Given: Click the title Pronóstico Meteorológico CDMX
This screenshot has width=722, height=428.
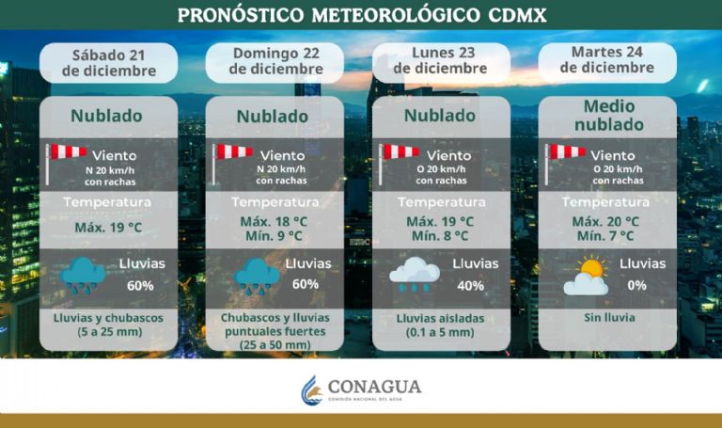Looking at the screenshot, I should click(x=361, y=16).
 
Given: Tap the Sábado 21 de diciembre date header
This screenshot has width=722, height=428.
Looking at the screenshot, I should click(x=108, y=61).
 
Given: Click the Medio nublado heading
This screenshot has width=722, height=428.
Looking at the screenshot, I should click(x=607, y=115).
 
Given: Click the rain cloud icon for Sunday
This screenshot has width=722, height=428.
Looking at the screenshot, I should click(x=257, y=276).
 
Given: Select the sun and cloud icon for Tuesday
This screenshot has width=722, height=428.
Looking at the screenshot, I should click(x=586, y=277).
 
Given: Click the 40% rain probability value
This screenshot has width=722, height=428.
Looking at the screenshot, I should click(x=469, y=286).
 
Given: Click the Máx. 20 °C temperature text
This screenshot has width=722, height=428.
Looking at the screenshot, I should click(x=605, y=221).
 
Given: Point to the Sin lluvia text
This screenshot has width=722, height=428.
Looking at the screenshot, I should click(x=608, y=318).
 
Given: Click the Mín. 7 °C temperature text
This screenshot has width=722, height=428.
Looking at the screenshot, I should click(x=605, y=236).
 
